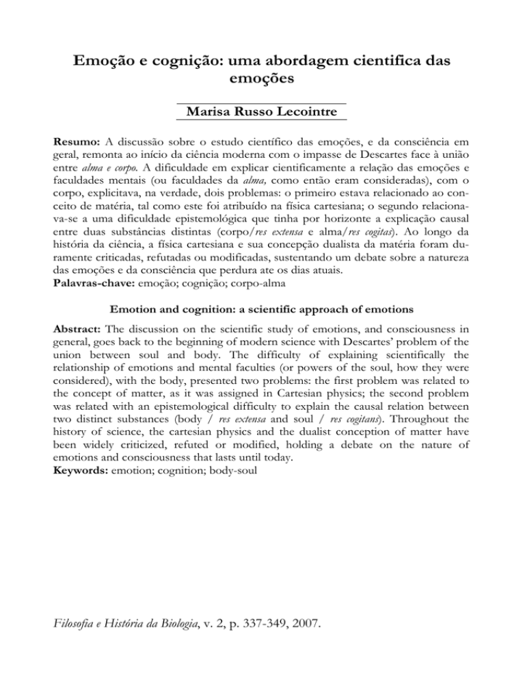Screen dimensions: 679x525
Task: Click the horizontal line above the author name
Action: [x=262, y=102]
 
